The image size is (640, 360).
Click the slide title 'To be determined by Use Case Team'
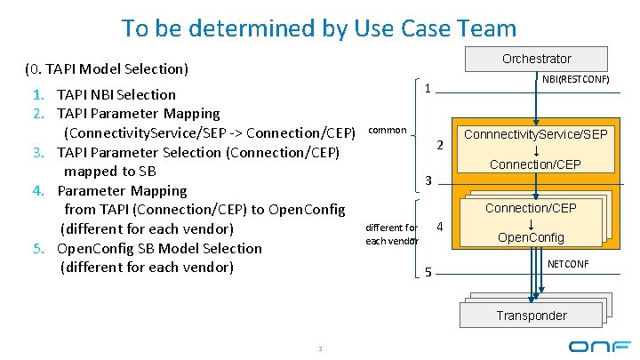(x=318, y=28)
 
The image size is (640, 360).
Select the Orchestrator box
(x=536, y=59)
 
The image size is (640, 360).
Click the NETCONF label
(x=567, y=264)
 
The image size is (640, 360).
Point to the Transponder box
(x=531, y=316)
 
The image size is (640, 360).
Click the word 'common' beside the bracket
(x=387, y=130)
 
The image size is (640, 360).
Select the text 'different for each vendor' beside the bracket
(x=391, y=234)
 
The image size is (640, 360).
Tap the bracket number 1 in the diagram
(x=428, y=89)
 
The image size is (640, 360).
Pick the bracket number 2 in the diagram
(x=439, y=145)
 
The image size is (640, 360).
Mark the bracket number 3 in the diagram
(x=428, y=181)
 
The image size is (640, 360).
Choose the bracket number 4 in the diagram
(x=439, y=228)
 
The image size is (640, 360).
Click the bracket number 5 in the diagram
(x=428, y=272)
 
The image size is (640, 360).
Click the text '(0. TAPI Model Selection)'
(x=106, y=68)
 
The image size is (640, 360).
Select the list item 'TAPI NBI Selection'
(x=116, y=94)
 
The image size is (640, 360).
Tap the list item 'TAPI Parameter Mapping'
(x=138, y=113)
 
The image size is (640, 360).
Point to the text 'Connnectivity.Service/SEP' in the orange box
(x=535, y=134)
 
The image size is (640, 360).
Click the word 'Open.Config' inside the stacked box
(x=531, y=237)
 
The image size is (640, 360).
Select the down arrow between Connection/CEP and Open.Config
(x=531, y=223)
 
